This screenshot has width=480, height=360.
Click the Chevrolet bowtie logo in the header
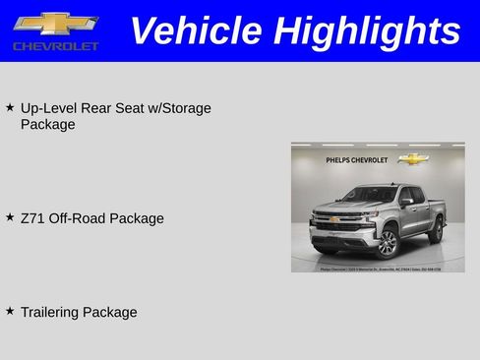(x=55, y=23)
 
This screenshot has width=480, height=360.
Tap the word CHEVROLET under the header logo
(x=56, y=46)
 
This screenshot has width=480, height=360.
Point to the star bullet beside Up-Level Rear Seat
(x=10, y=106)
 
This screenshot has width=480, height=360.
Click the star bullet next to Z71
(x=10, y=216)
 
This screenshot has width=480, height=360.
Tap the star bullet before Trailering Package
(x=10, y=311)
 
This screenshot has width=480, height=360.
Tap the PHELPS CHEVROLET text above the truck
(x=356, y=159)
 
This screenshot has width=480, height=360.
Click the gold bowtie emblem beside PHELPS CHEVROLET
(x=414, y=158)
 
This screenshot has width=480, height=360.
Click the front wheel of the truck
(x=387, y=243)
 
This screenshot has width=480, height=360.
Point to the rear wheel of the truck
(x=436, y=230)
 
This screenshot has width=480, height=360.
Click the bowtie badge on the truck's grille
(x=333, y=219)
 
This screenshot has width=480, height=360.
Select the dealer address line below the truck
(x=379, y=267)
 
